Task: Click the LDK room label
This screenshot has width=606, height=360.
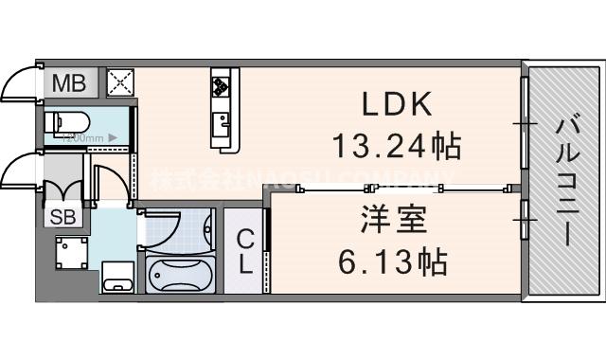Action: (397, 102)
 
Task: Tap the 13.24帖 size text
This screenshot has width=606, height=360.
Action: (396, 145)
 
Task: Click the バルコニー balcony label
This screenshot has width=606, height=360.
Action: (566, 181)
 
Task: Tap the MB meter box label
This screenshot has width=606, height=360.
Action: (68, 83)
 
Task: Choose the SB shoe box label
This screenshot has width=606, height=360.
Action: (64, 215)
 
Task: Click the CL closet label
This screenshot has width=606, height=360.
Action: (245, 251)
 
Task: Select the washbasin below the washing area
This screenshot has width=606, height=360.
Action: (116, 278)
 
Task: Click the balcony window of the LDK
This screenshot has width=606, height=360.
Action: (523, 123)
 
